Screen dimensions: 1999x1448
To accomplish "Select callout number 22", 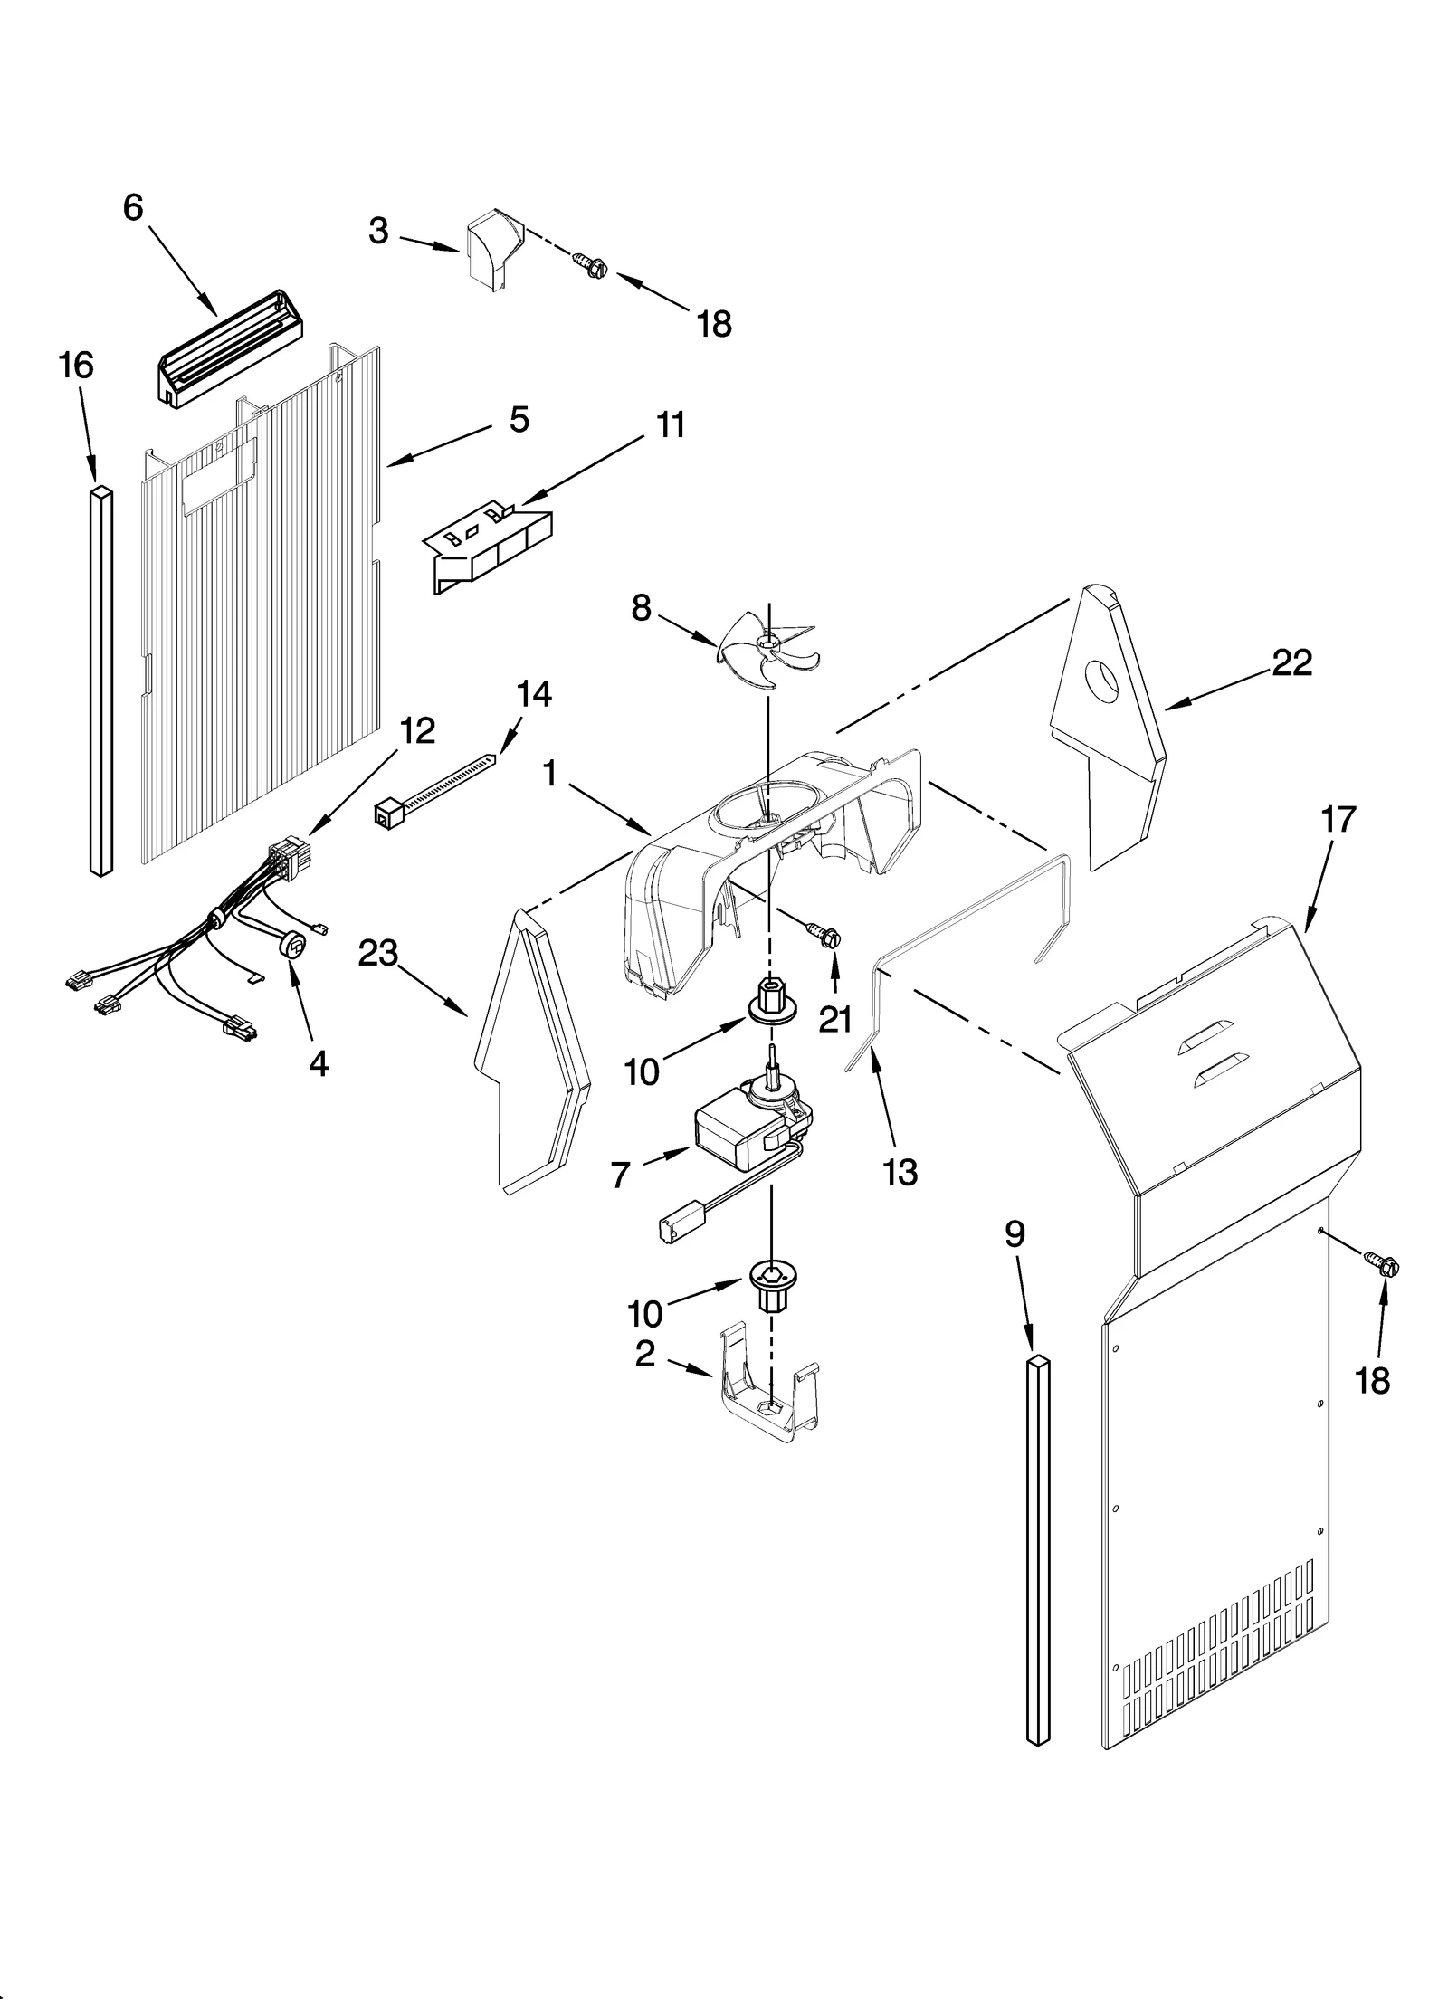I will (x=1291, y=663).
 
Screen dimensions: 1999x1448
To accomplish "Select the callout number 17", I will (x=1338, y=820).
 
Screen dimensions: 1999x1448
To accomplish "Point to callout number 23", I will (x=378, y=953).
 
